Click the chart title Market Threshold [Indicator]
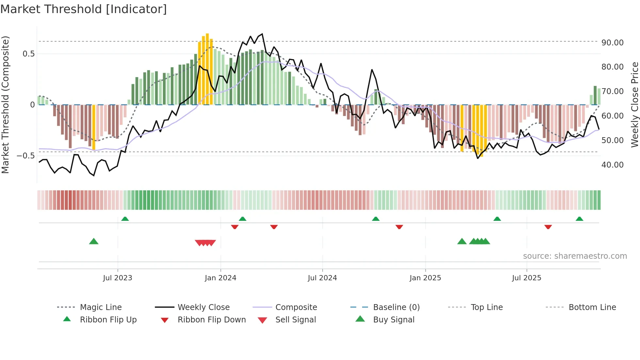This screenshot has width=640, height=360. [x=84, y=9]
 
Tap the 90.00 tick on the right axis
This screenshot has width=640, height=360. [x=612, y=43]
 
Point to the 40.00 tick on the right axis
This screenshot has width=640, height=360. [x=612, y=165]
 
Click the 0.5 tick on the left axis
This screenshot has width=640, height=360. [x=28, y=54]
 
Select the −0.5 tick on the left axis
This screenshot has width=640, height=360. [x=26, y=156]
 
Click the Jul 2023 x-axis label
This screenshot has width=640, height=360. [x=118, y=278]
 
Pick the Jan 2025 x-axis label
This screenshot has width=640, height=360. [x=425, y=278]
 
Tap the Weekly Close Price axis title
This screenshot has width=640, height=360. [x=634, y=105]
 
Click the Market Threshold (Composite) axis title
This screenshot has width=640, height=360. [x=5, y=105]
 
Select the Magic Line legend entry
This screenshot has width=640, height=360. [x=101, y=307]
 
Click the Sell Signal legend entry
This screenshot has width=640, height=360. [x=295, y=320]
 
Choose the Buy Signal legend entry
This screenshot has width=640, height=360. [x=393, y=320]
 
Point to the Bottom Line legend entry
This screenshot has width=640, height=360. [x=592, y=307]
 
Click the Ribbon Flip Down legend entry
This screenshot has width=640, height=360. [x=211, y=320]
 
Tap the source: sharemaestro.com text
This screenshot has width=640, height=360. [x=575, y=256]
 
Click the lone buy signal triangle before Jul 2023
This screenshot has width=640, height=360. [x=94, y=241]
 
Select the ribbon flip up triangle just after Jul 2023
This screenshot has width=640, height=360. [x=125, y=219]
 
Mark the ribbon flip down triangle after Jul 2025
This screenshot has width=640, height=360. [x=548, y=227]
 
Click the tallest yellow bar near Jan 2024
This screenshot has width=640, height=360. [x=207, y=69]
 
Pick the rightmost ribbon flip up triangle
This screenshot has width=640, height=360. [x=579, y=219]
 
